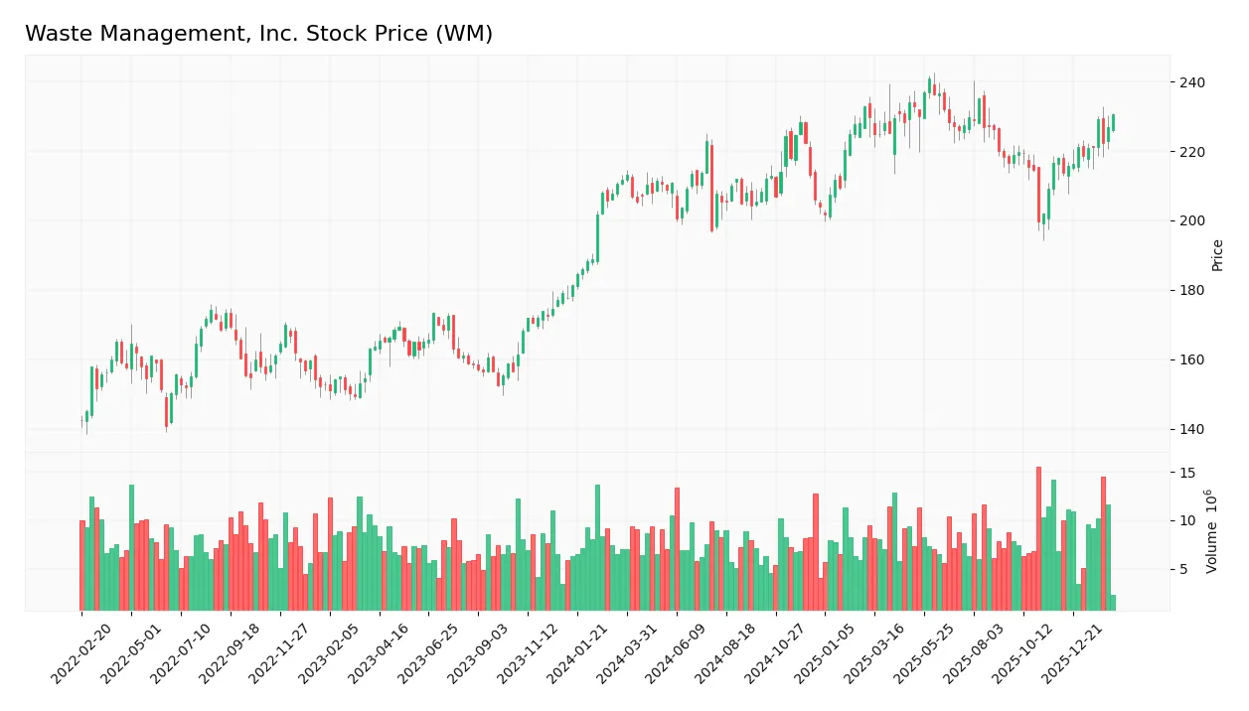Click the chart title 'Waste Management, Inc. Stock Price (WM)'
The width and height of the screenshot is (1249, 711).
(x=258, y=34)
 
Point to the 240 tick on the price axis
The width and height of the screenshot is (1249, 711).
(x=1191, y=82)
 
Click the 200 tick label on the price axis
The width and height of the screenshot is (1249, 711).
(x=1191, y=221)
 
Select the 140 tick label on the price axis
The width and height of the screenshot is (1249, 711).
(x=1191, y=429)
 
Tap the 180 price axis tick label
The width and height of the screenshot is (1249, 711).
(x=1191, y=291)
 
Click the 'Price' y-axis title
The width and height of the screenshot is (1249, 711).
(x=1217, y=255)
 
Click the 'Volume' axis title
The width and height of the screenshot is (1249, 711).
(x=1211, y=531)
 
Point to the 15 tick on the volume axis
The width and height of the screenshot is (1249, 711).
(x=1186, y=473)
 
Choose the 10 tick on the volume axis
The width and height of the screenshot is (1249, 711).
(x=1186, y=521)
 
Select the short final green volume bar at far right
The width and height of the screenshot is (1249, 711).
(x=1113, y=603)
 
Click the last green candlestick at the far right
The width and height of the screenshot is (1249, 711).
(x=1113, y=122)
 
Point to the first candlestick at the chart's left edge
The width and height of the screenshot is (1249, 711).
(x=81, y=422)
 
